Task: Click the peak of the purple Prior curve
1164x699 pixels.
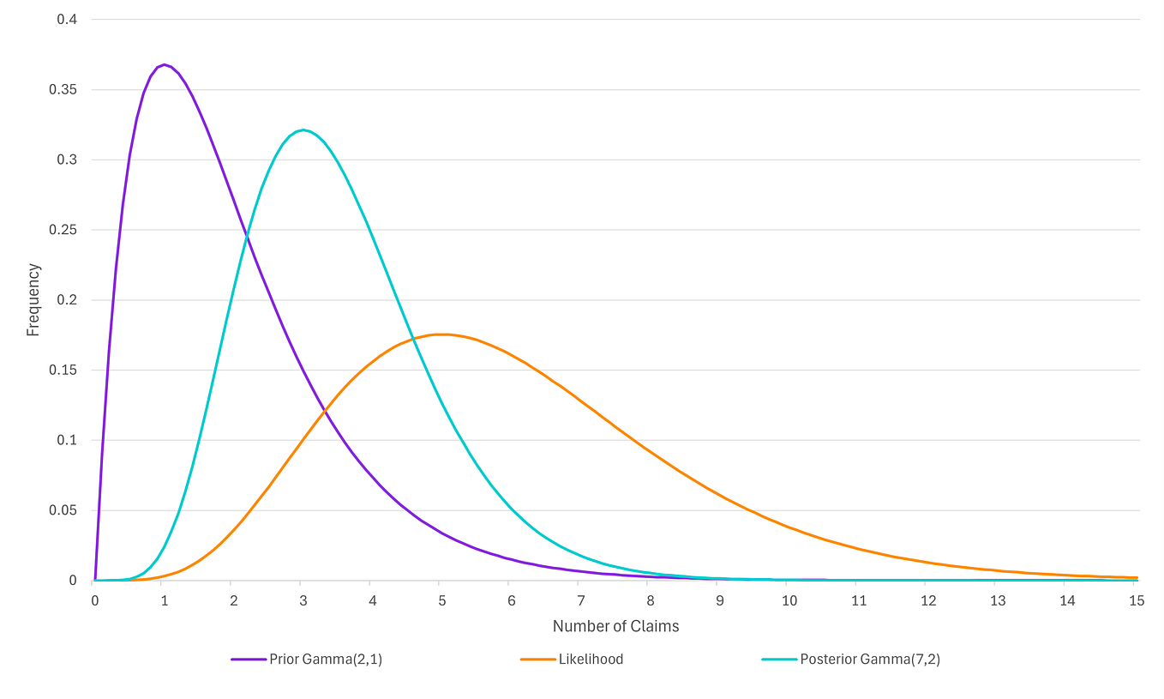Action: [x=165, y=64]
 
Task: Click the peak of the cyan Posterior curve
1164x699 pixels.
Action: [x=303, y=130]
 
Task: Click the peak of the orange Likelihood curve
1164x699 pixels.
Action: [x=442, y=334]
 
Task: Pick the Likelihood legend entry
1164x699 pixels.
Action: [x=591, y=660]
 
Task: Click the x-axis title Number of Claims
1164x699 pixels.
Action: [x=615, y=627]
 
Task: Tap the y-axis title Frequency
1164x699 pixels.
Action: [x=33, y=299]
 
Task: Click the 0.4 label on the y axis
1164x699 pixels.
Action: [x=67, y=19]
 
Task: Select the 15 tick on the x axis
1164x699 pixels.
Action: [x=1137, y=601]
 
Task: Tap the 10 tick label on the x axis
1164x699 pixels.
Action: [x=789, y=601]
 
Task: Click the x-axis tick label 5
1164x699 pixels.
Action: [x=442, y=601]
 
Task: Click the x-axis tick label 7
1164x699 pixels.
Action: [x=581, y=601]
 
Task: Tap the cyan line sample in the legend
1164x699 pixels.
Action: [x=778, y=660]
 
